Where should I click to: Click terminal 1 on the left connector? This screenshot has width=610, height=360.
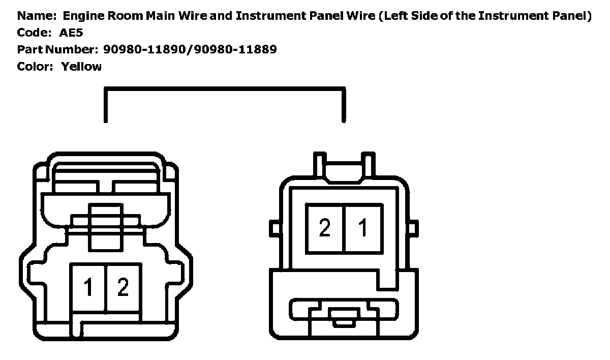tap(88, 287)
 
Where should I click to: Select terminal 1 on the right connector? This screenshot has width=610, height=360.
tap(363, 228)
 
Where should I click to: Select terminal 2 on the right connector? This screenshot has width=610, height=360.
tap(324, 228)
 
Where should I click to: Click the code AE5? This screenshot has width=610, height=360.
tap(72, 33)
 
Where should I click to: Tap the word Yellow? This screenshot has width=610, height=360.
tap(81, 67)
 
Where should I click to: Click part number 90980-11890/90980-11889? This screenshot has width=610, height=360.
tap(190, 50)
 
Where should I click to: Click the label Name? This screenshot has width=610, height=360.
tap(35, 16)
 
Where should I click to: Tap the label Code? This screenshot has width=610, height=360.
tap(34, 33)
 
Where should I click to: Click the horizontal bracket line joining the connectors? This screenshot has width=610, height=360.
tap(225, 89)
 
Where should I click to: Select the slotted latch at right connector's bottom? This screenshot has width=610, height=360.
tap(344, 313)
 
